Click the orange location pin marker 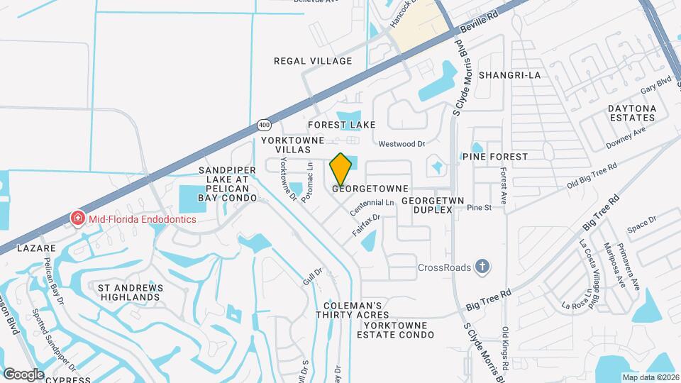click(341, 170)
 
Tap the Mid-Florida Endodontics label click(142, 219)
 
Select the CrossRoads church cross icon click(482, 267)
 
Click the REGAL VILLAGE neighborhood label click(313, 61)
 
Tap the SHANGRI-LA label click(509, 74)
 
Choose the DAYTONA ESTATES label click(631, 113)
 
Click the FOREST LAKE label click(341, 125)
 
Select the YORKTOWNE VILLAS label click(287, 145)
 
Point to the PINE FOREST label click(495, 156)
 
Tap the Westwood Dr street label click(401, 144)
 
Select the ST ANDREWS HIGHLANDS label click(130, 293)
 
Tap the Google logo click(23, 374)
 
